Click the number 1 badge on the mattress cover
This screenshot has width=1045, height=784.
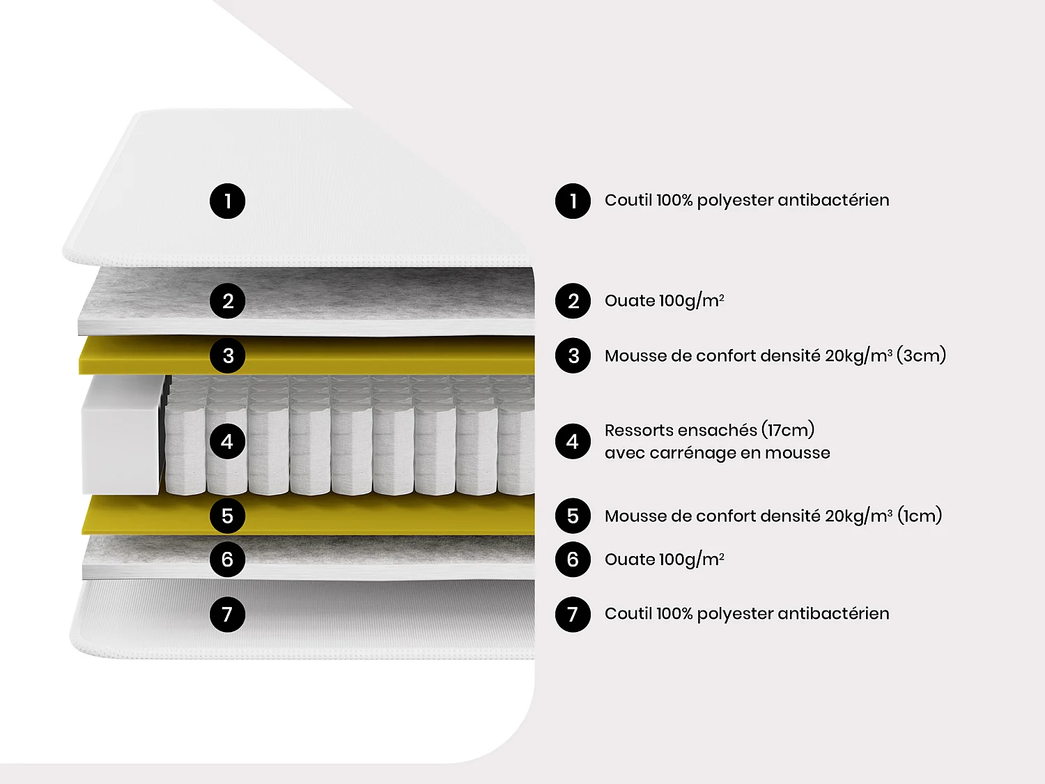(x=227, y=201)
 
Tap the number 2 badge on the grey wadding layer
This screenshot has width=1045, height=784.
(x=227, y=301)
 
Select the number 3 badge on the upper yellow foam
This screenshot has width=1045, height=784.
(x=227, y=355)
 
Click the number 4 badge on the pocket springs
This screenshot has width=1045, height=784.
(x=227, y=441)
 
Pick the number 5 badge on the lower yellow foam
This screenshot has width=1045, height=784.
(x=227, y=516)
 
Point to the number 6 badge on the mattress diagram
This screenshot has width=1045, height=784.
(x=227, y=559)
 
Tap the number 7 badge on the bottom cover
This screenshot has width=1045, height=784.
(x=227, y=614)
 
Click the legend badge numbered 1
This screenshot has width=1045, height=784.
(x=573, y=201)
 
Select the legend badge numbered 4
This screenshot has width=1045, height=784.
(x=573, y=441)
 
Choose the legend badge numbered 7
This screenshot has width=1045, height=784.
(x=573, y=614)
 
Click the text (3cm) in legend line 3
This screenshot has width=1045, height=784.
(x=921, y=355)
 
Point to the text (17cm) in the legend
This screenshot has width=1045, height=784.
(x=788, y=430)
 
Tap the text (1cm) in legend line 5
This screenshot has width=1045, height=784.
(x=920, y=516)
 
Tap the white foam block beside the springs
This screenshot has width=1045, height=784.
(x=120, y=436)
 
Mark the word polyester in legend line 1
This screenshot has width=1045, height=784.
(x=735, y=201)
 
